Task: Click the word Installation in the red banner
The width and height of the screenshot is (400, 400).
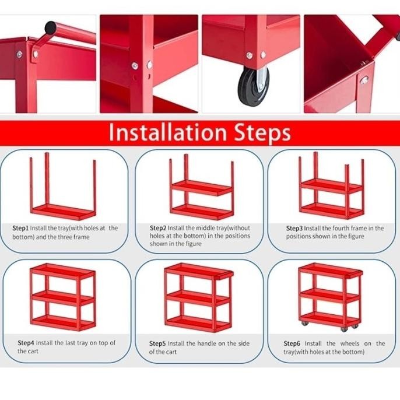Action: click(x=168, y=132)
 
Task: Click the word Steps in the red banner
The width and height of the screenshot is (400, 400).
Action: click(x=262, y=133)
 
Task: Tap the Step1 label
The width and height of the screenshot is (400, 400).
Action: click(x=20, y=228)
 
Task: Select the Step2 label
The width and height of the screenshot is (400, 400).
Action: click(x=158, y=228)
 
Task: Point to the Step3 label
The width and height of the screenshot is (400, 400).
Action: click(x=294, y=228)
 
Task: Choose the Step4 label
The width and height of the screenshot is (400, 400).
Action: click(x=26, y=343)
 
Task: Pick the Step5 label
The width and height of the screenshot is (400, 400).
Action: click(x=157, y=343)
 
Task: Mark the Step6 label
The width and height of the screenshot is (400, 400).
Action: click(x=292, y=343)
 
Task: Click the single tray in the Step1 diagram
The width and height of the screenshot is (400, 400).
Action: click(x=63, y=212)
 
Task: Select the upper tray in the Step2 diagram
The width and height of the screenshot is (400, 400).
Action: click(x=202, y=188)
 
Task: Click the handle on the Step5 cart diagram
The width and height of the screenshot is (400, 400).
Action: click(x=224, y=275)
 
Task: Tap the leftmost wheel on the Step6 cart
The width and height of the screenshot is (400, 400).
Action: click(x=304, y=323)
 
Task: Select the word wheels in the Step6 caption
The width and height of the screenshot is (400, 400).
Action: click(x=349, y=343)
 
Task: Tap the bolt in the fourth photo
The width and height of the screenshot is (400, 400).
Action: click(x=364, y=80)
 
